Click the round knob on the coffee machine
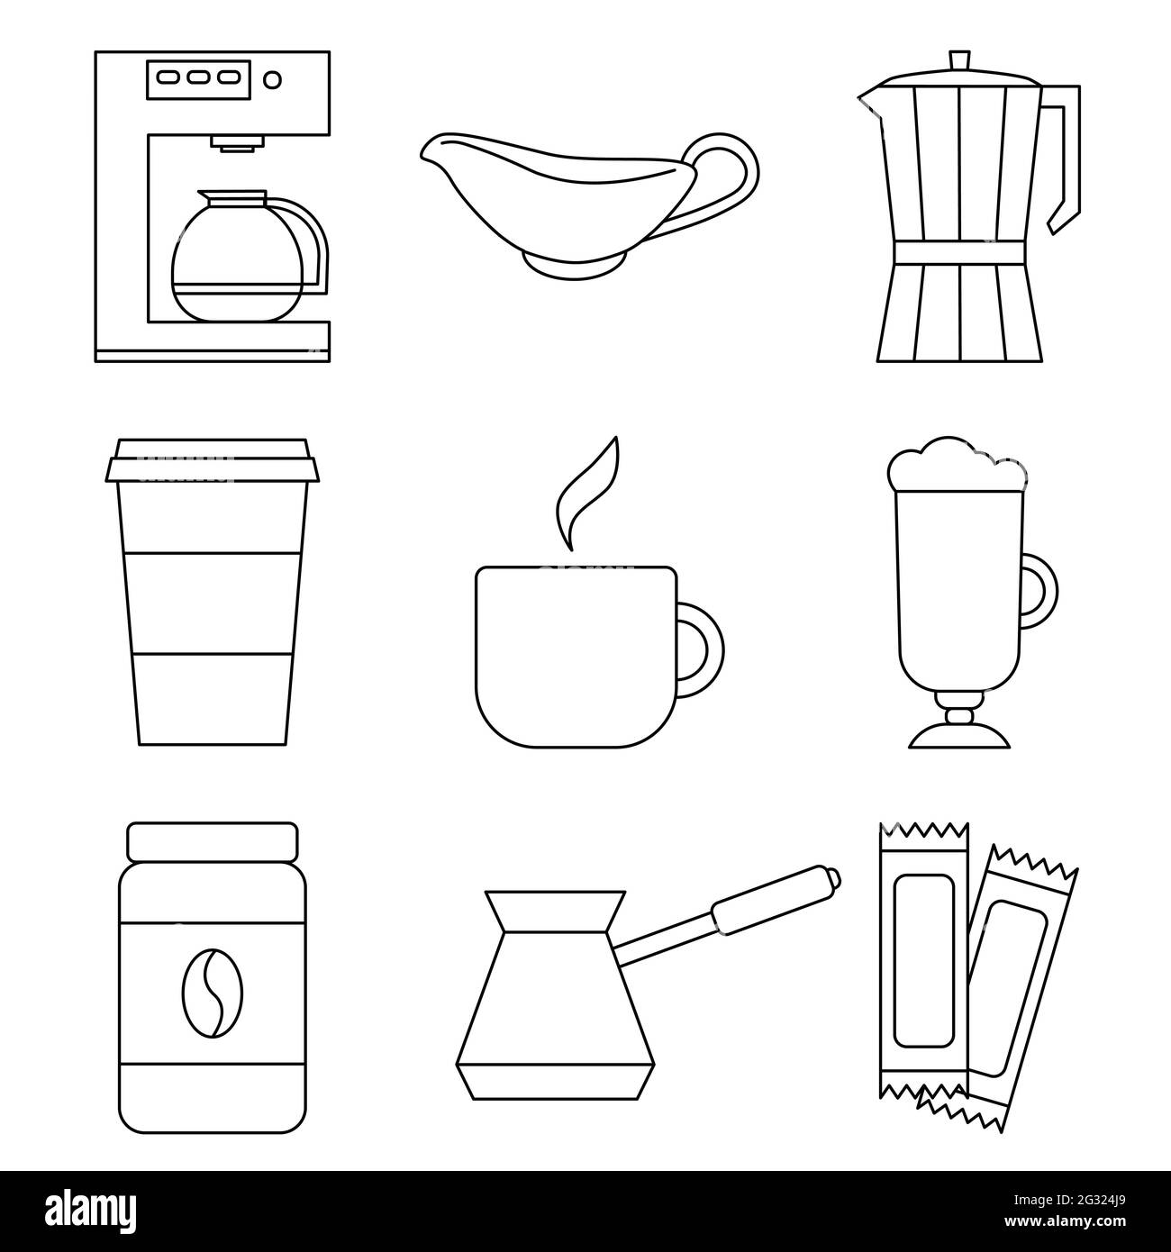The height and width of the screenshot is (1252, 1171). click(273, 80)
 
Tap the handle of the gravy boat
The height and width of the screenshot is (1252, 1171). click(732, 176)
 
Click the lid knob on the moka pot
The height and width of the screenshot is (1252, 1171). click(958, 61)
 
